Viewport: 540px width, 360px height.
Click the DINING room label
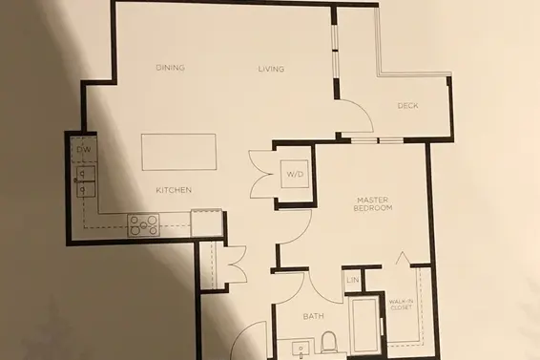click(x=170, y=68)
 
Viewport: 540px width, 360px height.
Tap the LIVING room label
click(x=271, y=69)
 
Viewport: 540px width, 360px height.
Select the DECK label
click(x=407, y=105)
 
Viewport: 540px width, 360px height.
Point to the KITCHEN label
click(x=174, y=190)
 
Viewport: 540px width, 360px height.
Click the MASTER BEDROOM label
click(x=373, y=203)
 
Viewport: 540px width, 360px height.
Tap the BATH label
click(x=313, y=316)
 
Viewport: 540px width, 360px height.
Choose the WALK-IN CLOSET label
click(x=402, y=305)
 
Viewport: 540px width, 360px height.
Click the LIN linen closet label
click(x=353, y=280)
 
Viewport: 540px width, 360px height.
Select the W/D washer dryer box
click(x=295, y=174)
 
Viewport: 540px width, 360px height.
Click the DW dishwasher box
click(x=84, y=149)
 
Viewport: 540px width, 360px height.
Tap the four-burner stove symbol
click(x=143, y=225)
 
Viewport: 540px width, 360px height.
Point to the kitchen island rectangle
click(x=178, y=152)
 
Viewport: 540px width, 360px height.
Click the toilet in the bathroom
click(x=328, y=342)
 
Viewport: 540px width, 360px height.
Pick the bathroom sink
click(x=301, y=349)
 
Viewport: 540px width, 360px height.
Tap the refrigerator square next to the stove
click(x=206, y=223)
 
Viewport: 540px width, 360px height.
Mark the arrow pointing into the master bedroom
click(x=403, y=258)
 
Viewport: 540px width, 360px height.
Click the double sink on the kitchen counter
click(x=86, y=181)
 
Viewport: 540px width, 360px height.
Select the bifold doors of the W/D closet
click(x=260, y=174)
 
